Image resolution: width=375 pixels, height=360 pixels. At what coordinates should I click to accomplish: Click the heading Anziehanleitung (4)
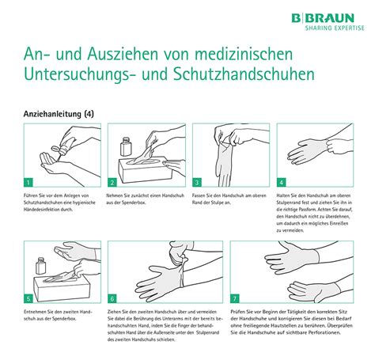coord(57,113)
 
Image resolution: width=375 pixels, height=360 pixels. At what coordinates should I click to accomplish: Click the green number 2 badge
coord(112,181)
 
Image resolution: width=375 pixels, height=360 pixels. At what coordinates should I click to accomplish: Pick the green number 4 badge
coord(282,181)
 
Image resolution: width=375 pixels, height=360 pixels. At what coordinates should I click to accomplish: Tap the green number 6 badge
coord(112,298)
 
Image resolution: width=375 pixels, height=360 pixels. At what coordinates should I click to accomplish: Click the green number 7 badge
coord(235,298)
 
